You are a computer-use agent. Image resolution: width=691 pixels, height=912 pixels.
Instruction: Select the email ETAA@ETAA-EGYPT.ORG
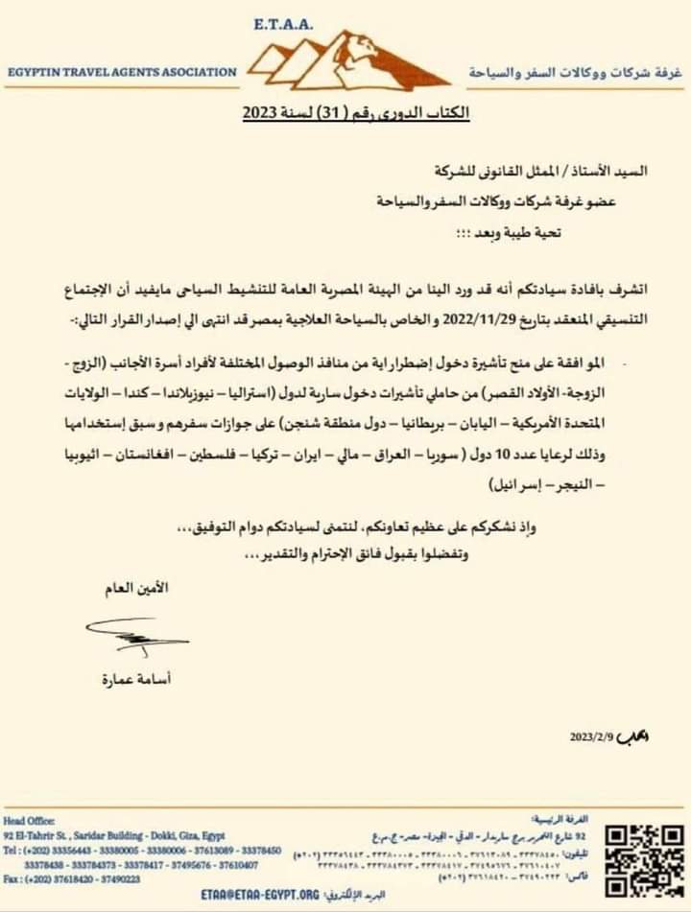[x=260, y=895]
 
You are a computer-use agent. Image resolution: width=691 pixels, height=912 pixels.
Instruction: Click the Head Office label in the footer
[x=29, y=821]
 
